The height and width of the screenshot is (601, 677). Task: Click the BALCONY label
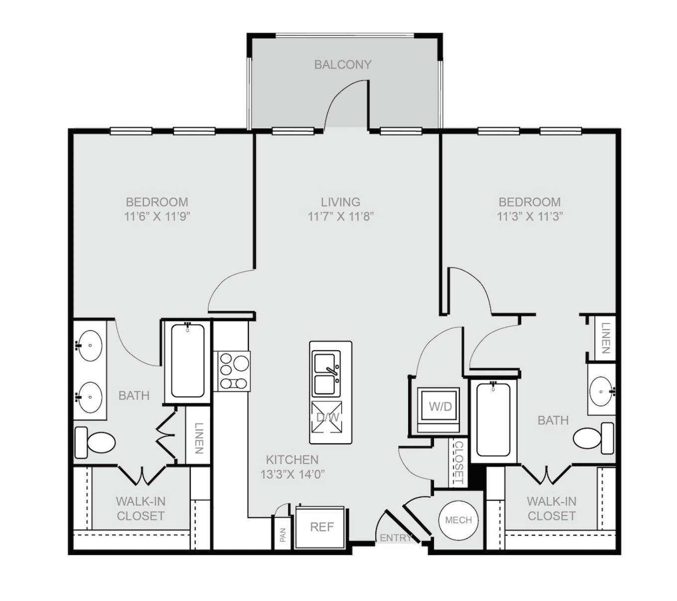tap(343, 65)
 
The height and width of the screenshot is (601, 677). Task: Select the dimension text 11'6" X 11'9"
tap(157, 217)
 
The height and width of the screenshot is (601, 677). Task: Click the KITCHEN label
tap(292, 460)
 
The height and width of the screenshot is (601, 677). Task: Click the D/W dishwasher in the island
tap(327, 417)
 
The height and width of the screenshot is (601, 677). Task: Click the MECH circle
tap(458, 520)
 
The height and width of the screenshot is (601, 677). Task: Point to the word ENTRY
tap(396, 538)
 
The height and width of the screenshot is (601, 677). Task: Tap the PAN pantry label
tap(283, 534)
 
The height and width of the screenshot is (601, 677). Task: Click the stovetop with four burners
tap(232, 371)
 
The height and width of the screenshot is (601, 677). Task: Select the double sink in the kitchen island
tap(327, 373)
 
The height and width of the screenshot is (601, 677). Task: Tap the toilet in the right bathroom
tap(594, 438)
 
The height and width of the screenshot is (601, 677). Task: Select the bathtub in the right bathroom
tap(493, 420)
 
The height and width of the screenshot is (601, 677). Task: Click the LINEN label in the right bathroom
tap(606, 338)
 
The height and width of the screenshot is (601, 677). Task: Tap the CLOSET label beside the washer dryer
tap(459, 463)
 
